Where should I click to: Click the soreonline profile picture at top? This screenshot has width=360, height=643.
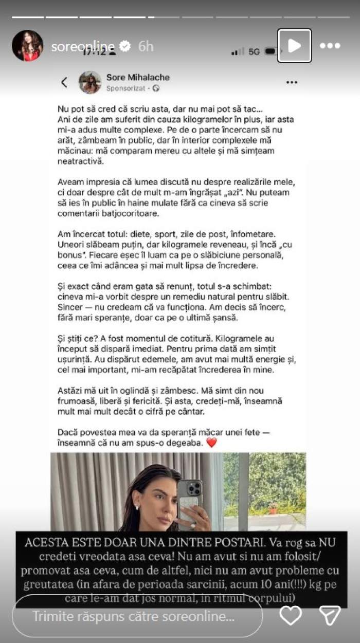tap(27, 46)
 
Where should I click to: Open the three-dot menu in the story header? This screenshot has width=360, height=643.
tap(330, 46)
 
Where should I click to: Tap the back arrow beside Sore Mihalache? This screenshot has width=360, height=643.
tap(64, 82)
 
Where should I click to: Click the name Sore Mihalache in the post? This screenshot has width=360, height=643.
tap(137, 77)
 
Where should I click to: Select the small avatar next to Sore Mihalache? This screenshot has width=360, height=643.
tap(90, 82)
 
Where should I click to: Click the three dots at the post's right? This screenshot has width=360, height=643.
tap(292, 82)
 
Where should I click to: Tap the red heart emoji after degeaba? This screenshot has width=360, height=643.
tap(211, 443)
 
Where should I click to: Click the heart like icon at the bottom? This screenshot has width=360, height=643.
tap(291, 615)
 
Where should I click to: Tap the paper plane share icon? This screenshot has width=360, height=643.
tap(330, 615)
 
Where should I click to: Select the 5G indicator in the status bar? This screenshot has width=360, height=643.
tap(254, 51)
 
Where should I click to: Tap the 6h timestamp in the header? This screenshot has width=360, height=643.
tap(146, 46)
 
